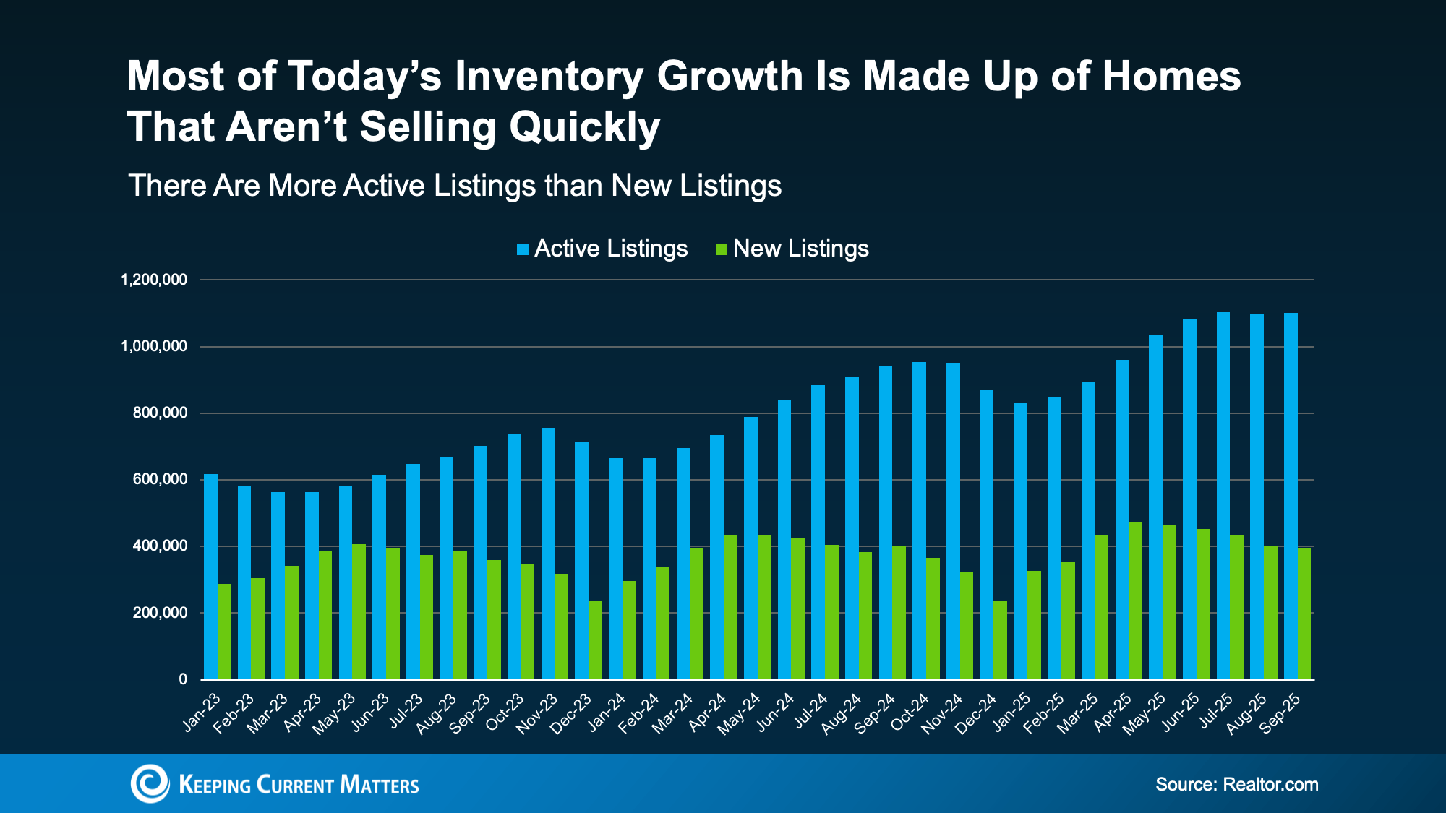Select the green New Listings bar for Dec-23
click(595, 640)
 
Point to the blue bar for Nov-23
click(548, 554)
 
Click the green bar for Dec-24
click(1000, 640)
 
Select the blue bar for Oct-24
click(919, 520)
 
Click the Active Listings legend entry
click(602, 249)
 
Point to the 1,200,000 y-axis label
click(154, 280)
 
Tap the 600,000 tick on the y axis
click(160, 480)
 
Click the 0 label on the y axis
click(183, 679)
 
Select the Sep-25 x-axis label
click(1280, 714)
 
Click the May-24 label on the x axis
click(740, 714)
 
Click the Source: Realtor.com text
click(1236, 785)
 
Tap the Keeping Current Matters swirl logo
click(150, 784)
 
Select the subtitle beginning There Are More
click(455, 186)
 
